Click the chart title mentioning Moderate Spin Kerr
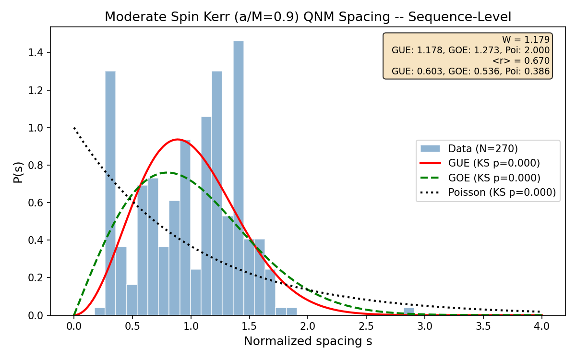(x=308, y=17)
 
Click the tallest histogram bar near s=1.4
(x=239, y=178)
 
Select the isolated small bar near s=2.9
(x=408, y=312)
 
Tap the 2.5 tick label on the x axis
(x=366, y=326)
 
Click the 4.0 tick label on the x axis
(x=541, y=326)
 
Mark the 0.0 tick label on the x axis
(x=73, y=326)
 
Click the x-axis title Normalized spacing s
(x=308, y=341)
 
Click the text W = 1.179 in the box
(x=526, y=40)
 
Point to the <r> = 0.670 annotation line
(x=521, y=61)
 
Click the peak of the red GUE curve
(x=177, y=139)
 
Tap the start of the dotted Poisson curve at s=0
(x=74, y=128)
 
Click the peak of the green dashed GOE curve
(x=167, y=172)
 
